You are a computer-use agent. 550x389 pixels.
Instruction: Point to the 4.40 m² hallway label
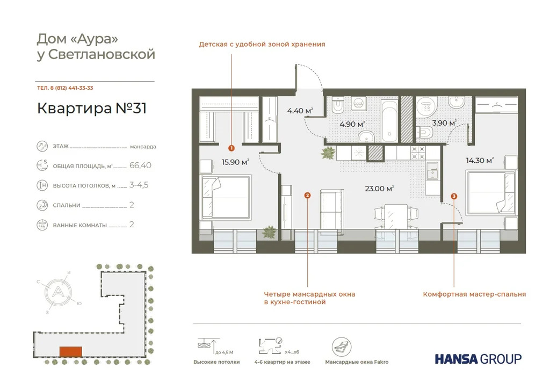click(x=300, y=111)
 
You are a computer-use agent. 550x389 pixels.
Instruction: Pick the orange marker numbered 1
click(x=231, y=147)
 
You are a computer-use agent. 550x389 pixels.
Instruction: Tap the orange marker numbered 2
click(x=307, y=196)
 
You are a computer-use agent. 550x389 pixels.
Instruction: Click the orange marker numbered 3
click(x=454, y=197)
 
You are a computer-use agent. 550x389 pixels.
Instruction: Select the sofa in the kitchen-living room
click(x=331, y=209)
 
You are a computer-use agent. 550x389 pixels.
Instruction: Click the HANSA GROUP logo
click(x=478, y=358)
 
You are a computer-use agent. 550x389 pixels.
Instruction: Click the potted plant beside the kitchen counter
click(x=328, y=154)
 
